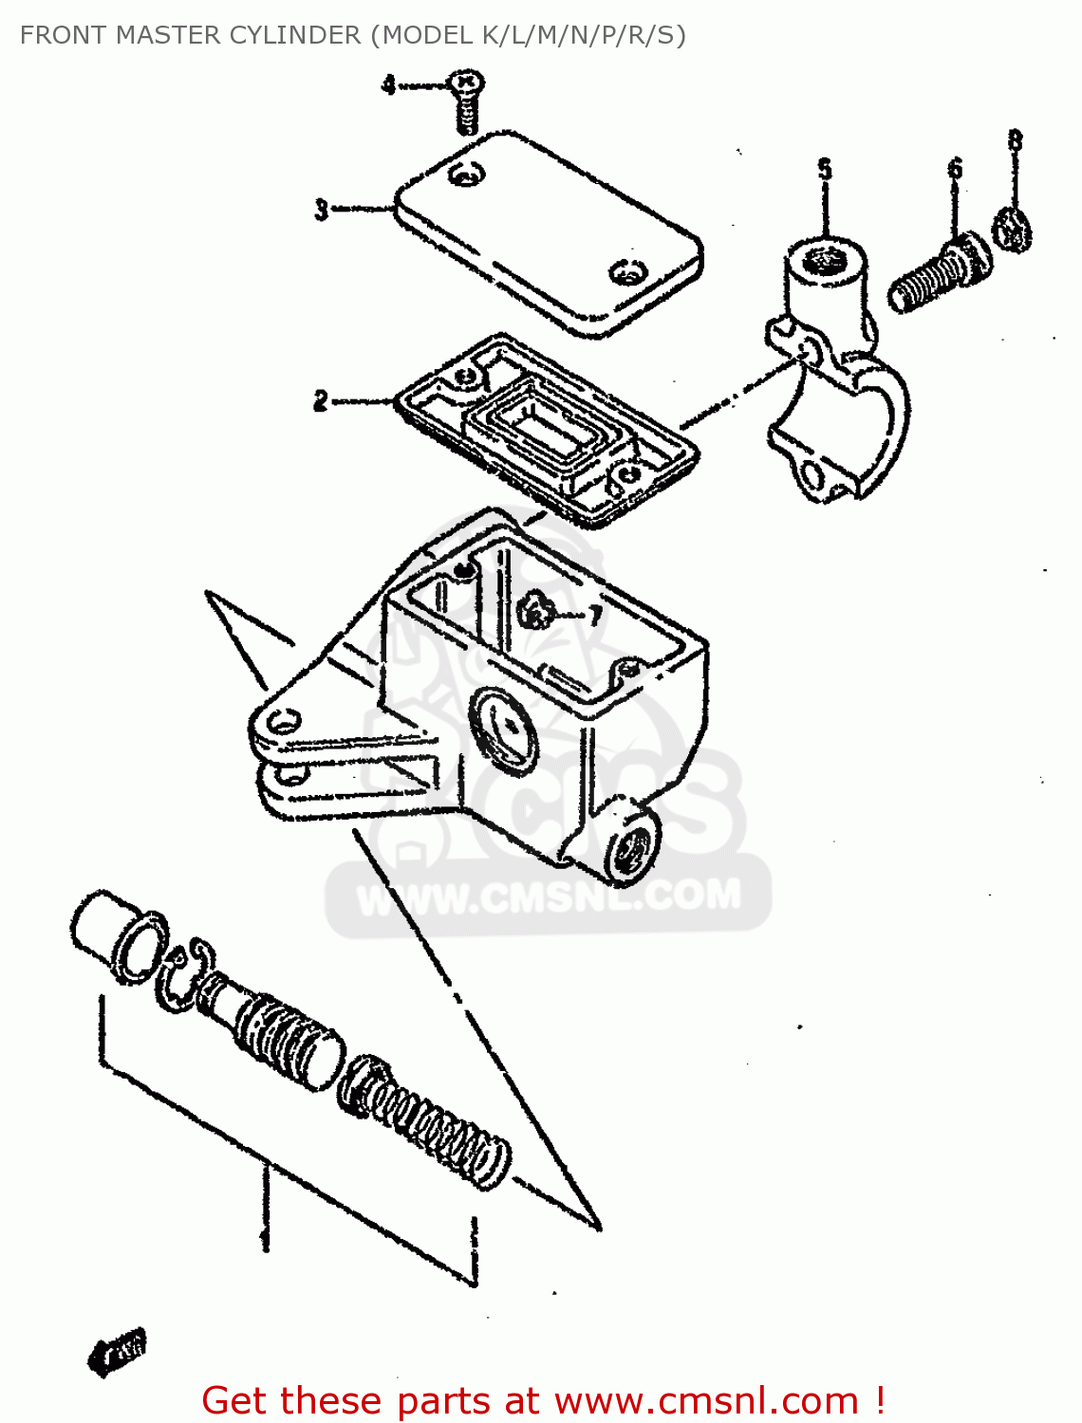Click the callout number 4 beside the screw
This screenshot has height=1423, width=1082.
[x=388, y=84]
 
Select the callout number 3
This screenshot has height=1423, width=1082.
[x=322, y=209]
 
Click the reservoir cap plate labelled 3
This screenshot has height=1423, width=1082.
[x=549, y=232]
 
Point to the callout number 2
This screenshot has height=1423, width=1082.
[x=321, y=400]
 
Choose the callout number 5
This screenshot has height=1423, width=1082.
[x=825, y=170]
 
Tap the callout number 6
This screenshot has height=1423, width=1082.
[x=955, y=169]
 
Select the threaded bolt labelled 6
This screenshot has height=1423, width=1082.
[x=940, y=272]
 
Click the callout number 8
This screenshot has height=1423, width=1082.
[x=1015, y=140]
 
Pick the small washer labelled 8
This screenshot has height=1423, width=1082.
[x=1013, y=230]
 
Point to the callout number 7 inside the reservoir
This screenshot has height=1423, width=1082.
[x=595, y=616]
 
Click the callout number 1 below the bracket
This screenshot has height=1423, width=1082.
[x=265, y=1238]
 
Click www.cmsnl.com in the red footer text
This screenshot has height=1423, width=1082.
[x=706, y=1400]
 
